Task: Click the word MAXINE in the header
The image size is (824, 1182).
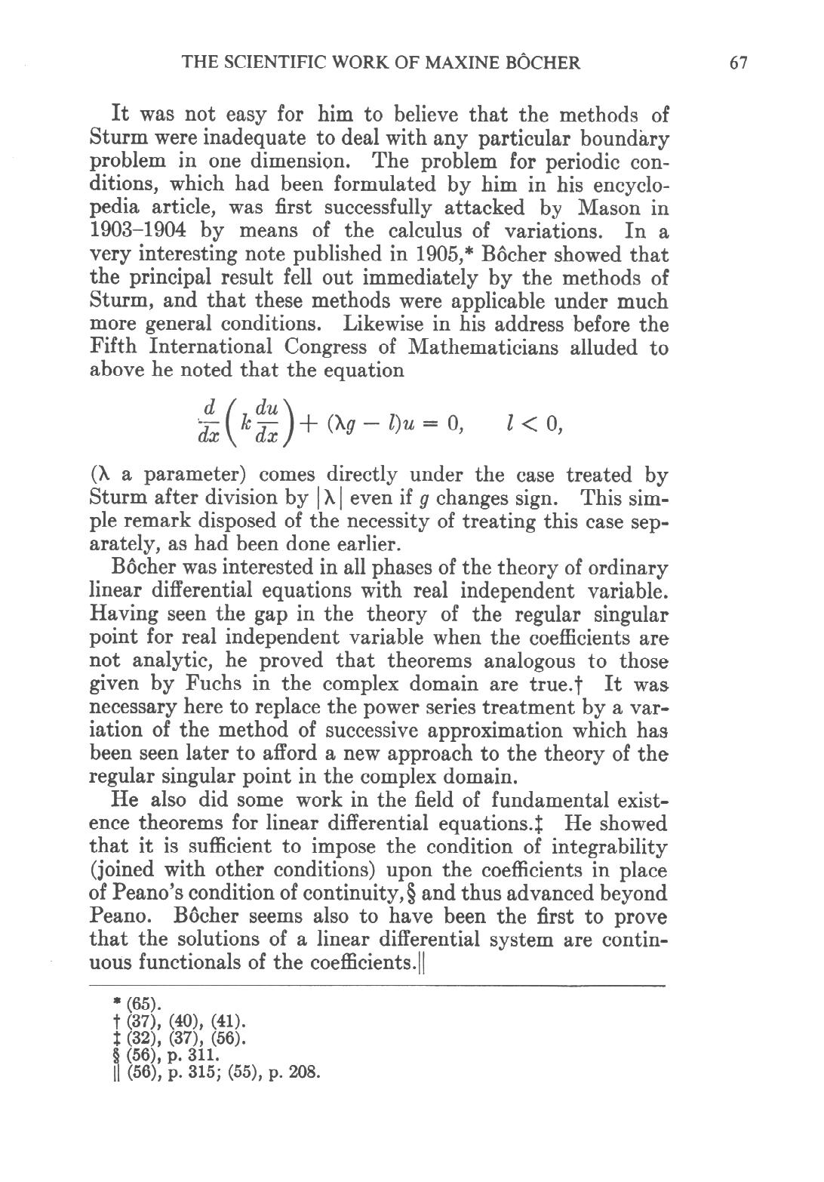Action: pos(441,63)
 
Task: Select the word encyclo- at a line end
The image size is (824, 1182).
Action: pos(626,185)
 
